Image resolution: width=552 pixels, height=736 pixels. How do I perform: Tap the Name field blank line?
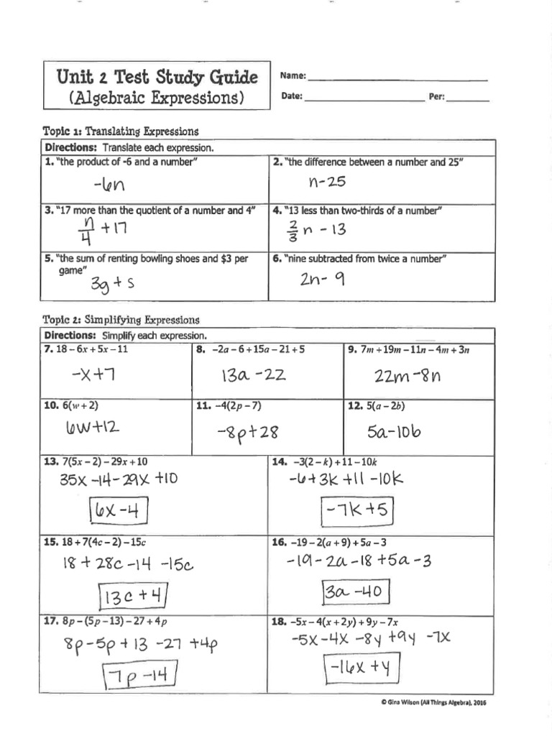pos(397,78)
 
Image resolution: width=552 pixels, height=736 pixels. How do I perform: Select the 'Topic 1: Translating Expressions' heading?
pos(120,132)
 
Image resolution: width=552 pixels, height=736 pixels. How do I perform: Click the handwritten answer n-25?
pos(327,183)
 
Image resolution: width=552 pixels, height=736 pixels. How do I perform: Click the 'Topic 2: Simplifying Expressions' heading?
pos(121,320)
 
